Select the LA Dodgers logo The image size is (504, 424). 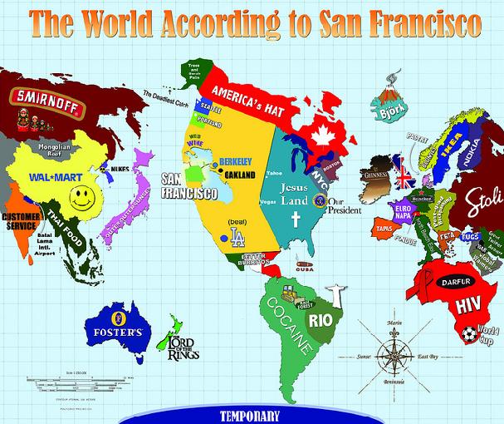pyautogui.click(x=238, y=237)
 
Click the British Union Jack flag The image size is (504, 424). pyautogui.click(x=405, y=177)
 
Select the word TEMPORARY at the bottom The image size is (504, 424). pyautogui.click(x=252, y=415)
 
